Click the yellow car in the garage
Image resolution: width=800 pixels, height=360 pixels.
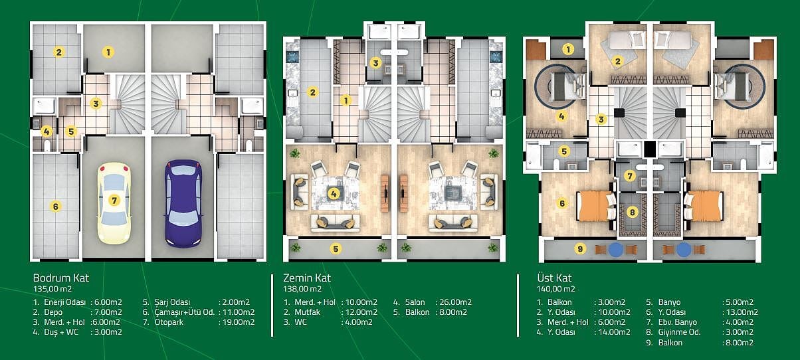coord(114,203)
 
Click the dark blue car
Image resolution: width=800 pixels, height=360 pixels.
coord(183,203)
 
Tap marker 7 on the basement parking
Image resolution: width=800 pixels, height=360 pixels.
coord(114,201)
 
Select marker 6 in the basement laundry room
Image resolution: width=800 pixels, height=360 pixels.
coord(55,206)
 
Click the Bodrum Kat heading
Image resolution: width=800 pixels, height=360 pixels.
coord(61,278)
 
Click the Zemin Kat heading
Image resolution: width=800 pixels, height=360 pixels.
coord(307,278)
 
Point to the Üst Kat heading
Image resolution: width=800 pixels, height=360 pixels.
coord(554,278)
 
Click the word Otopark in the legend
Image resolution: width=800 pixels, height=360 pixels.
coord(169,322)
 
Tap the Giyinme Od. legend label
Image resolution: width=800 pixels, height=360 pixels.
coord(679,332)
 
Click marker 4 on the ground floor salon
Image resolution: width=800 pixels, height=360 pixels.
coord(334,194)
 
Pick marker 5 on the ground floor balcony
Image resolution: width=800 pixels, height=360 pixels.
coord(336,248)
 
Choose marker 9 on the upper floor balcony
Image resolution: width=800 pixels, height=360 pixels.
coord(580,248)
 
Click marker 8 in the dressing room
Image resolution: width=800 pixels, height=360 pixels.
coord(632,213)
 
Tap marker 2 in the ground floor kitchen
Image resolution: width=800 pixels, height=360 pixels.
coord(313,92)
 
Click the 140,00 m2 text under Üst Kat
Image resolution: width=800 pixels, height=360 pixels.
coord(555,289)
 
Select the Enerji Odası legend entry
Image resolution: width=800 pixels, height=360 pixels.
coord(64,302)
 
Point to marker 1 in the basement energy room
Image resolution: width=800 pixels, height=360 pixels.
coord(108,52)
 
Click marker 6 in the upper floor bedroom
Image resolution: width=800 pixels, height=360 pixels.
coord(562,203)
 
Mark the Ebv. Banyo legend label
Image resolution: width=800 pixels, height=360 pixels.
coord(678,322)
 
